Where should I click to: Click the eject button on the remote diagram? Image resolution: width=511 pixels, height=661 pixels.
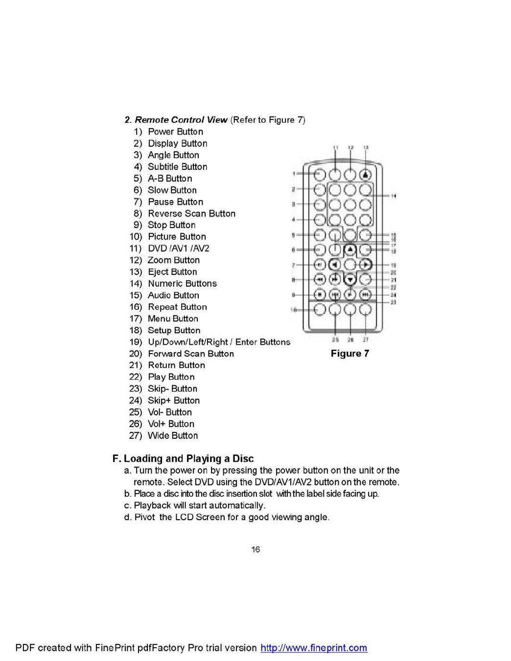[x=366, y=175]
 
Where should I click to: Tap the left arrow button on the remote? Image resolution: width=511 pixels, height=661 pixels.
[x=335, y=265]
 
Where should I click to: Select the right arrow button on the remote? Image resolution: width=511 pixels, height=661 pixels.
[x=366, y=265]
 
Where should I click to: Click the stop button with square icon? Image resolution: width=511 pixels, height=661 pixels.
[x=320, y=295]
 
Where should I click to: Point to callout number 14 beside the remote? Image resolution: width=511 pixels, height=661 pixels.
[x=393, y=196]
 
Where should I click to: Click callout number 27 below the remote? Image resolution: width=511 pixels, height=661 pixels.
[x=366, y=340]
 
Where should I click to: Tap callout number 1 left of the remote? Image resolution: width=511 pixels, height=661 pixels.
[x=294, y=174]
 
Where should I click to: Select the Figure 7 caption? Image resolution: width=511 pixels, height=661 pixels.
[x=349, y=353]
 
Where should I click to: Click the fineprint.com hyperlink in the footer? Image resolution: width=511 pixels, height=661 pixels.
[x=314, y=648]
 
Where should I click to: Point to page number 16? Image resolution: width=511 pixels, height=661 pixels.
[x=255, y=549]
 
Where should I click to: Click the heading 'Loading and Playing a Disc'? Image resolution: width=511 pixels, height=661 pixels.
[x=188, y=458]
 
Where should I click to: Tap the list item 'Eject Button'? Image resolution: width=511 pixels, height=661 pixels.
[x=172, y=272]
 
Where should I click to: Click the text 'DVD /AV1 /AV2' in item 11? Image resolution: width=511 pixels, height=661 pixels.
[x=178, y=249]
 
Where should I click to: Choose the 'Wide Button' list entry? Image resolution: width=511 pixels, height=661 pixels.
[x=173, y=435]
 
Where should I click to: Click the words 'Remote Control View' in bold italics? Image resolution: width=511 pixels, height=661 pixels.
[x=181, y=120]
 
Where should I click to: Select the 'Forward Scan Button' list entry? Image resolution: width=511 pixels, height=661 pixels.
[x=191, y=354]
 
